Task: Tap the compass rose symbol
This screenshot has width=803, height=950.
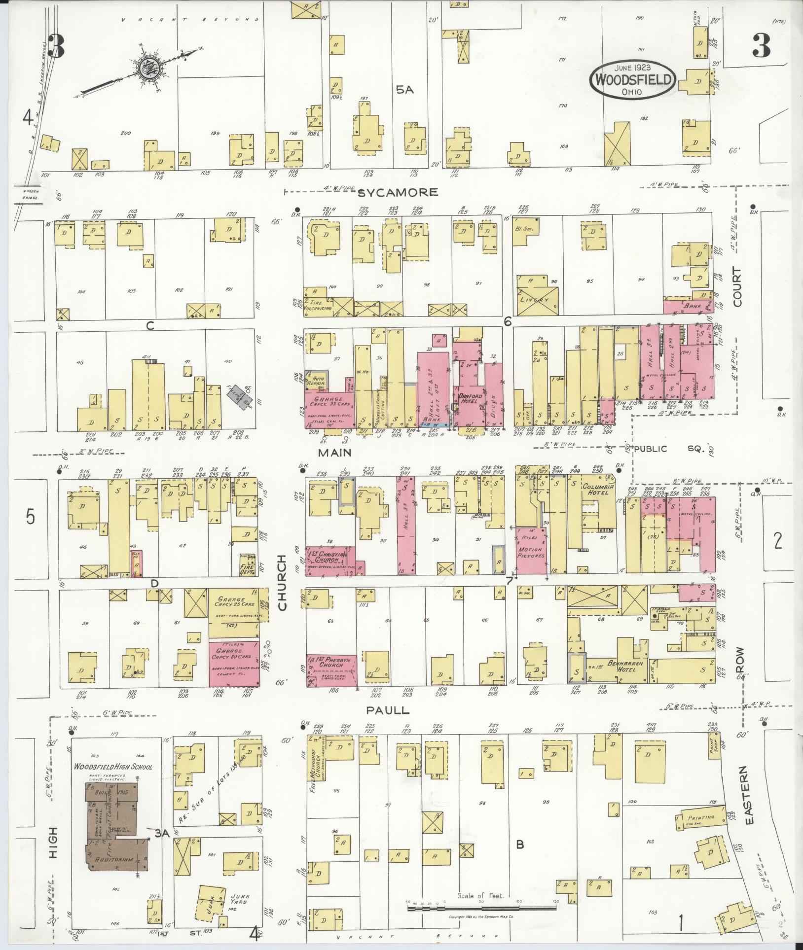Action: pyautogui.click(x=147, y=68)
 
